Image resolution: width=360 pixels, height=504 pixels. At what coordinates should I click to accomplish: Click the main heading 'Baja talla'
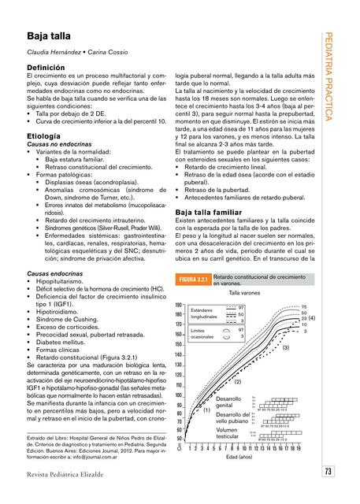48,36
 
